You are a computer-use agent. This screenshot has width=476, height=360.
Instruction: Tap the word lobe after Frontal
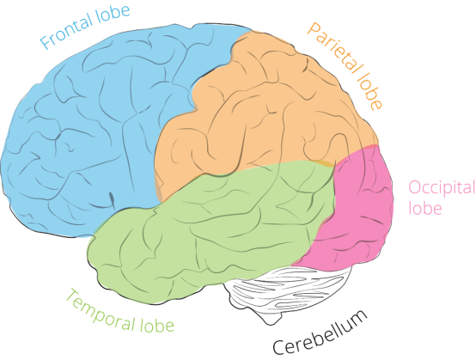click(113, 14)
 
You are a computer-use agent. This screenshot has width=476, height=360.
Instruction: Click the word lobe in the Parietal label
click(369, 91)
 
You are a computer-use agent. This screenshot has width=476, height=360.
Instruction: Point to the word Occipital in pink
click(442, 188)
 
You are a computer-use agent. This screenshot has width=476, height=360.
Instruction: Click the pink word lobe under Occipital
click(424, 208)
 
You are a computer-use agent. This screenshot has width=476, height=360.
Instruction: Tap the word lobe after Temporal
click(156, 325)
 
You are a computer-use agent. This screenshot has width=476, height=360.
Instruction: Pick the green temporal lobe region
click(206, 237)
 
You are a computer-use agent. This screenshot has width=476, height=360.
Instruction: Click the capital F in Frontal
click(46, 42)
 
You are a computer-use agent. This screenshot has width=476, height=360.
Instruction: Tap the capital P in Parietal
click(314, 29)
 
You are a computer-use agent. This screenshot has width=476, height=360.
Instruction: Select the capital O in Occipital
click(415, 187)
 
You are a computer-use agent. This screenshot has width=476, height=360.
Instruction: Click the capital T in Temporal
click(72, 296)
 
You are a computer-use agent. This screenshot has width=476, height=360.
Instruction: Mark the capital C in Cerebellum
click(278, 348)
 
